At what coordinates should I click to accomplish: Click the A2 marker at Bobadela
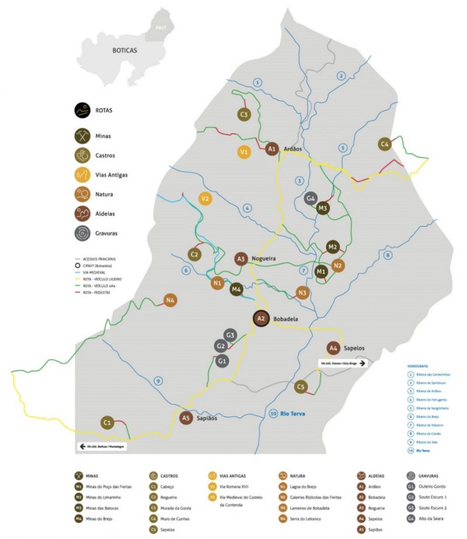click(x=261, y=318)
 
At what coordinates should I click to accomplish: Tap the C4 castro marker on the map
click(x=385, y=144)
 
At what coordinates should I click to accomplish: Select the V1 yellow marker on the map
click(x=245, y=152)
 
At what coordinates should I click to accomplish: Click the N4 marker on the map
click(x=170, y=301)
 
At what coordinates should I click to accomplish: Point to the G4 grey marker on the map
click(x=311, y=199)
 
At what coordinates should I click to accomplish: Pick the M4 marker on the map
click(x=236, y=288)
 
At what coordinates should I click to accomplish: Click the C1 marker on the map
click(x=107, y=422)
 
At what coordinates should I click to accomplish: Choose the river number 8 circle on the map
click(x=388, y=255)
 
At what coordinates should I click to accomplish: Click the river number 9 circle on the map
click(x=158, y=381)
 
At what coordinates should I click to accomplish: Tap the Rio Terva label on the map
click(x=292, y=414)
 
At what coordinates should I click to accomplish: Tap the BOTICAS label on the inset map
click(x=125, y=51)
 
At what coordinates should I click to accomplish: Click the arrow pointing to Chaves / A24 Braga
click(x=363, y=363)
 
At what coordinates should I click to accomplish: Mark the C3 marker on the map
click(x=245, y=114)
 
